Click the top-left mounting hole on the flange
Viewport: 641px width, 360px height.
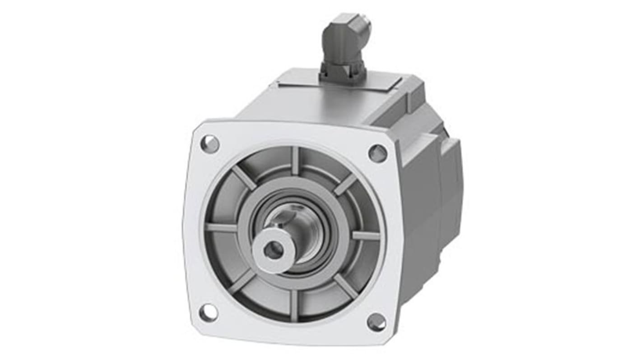209,144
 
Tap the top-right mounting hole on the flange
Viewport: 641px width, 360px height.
377,153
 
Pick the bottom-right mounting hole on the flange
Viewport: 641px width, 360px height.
376,322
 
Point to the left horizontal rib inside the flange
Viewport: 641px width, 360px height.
221,227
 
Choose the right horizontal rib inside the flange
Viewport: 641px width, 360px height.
366,235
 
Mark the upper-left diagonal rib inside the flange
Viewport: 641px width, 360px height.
244,177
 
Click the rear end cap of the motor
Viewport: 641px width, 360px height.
451,180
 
